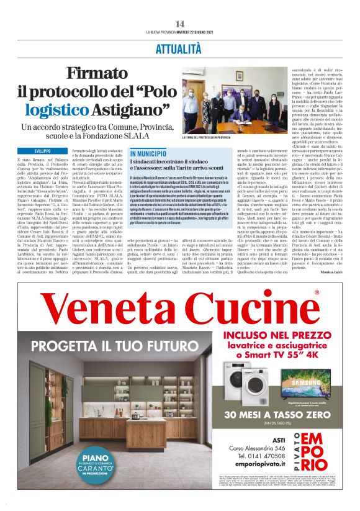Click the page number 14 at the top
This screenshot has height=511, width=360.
point(180,24)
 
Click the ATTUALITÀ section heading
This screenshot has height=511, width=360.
point(180,48)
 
